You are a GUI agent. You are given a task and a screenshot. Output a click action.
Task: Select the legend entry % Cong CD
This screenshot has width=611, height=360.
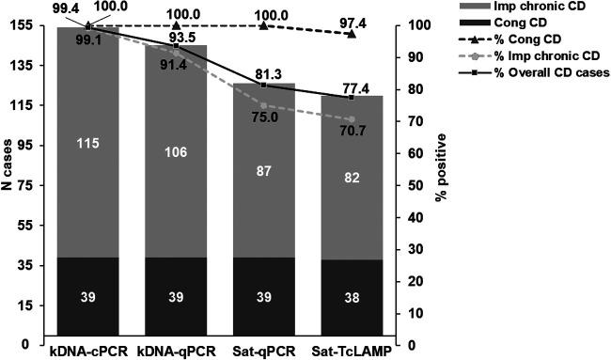(x=521, y=41)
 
